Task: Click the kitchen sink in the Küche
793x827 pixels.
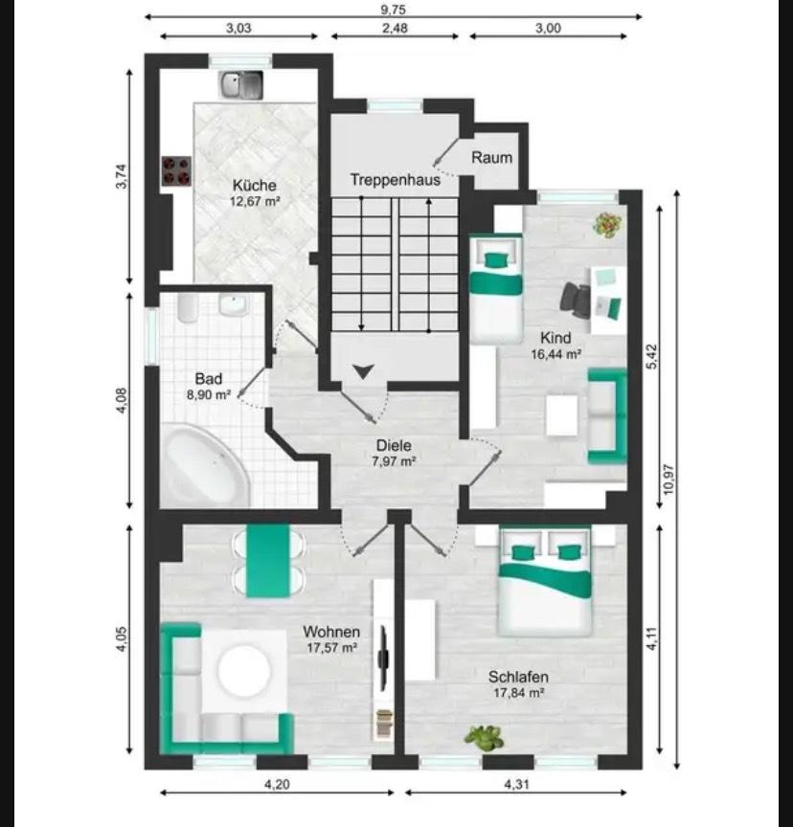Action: [x=241, y=85]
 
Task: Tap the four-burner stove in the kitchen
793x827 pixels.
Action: [x=176, y=171]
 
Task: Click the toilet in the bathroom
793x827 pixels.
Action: [x=188, y=308]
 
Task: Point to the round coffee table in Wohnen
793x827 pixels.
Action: [x=244, y=671]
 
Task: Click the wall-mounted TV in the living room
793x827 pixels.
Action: [x=384, y=657]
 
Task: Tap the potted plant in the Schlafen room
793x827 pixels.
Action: [x=484, y=737]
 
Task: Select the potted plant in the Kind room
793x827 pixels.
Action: [x=607, y=225]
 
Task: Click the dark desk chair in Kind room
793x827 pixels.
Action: [x=575, y=298]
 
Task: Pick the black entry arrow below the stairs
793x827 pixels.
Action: [x=364, y=371]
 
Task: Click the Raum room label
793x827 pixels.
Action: [x=491, y=157]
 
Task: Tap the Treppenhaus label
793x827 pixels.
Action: [x=396, y=180]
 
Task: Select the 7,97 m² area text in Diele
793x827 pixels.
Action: [x=394, y=461]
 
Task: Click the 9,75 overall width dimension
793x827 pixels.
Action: [x=393, y=10]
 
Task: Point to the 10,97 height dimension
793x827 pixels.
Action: [x=668, y=479]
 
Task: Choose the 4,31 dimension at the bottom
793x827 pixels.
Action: [x=516, y=784]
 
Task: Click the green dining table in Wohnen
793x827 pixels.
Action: [x=268, y=561]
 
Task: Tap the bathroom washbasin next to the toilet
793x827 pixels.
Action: [x=233, y=305]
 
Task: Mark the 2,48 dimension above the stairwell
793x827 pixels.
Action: [x=395, y=28]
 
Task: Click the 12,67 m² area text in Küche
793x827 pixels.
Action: [x=255, y=201]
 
